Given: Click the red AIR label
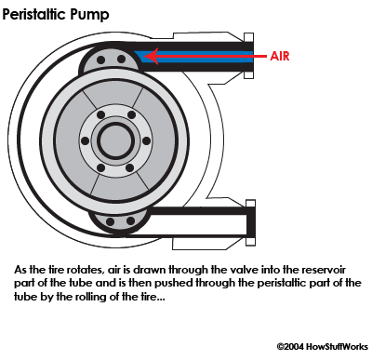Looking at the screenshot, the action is pos(280,56).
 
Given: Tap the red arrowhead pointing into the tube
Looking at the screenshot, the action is pos(152,56).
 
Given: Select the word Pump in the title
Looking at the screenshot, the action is pos(89,15).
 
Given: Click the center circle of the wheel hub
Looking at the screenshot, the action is pos(115,140).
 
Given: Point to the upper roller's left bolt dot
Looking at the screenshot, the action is pos(100,60).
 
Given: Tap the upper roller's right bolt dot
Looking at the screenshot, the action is pos(122,59).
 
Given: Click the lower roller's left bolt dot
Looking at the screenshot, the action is pos(110,221).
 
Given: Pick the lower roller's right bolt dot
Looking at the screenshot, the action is pos(131,221).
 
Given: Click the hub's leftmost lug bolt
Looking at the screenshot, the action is pos(85,141).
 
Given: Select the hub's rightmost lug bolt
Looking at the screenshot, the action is pos(146,141).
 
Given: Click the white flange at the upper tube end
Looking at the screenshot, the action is pos(249,56).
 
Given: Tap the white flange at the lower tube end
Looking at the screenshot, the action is pos(250,222).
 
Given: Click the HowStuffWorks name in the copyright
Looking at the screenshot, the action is pos(337,346).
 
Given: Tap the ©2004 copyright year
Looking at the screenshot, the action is pos(290,346).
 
